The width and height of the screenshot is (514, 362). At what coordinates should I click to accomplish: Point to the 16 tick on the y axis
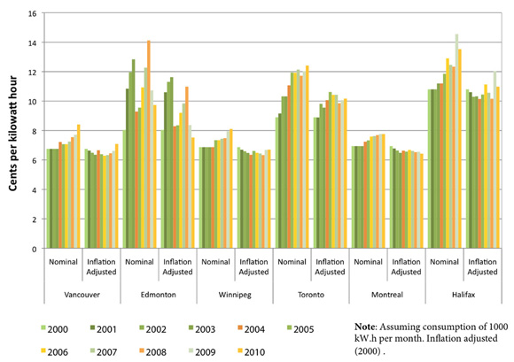(33, 14)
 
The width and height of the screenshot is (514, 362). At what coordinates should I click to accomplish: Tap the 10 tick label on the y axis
(33, 102)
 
